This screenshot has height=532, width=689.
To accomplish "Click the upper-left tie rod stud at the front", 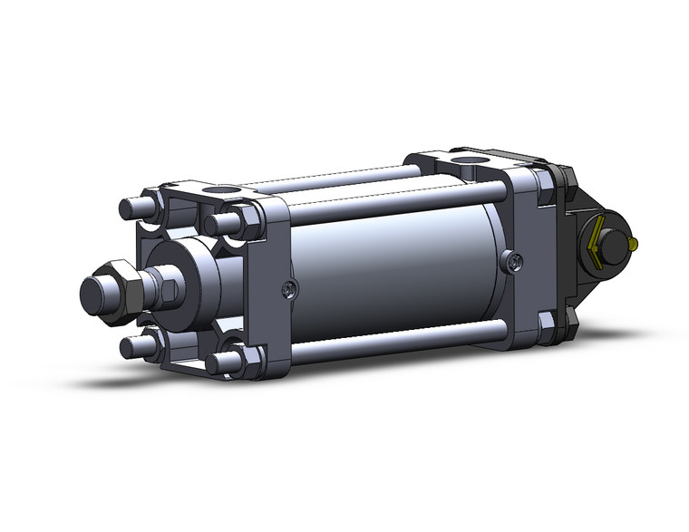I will (x=132, y=207).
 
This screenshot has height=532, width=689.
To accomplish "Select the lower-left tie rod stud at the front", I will (x=132, y=345).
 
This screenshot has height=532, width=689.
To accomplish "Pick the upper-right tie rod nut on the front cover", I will (x=238, y=221).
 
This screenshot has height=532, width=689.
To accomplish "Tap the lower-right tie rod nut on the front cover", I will (x=238, y=361).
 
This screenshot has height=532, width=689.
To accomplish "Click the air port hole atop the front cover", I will (x=218, y=192).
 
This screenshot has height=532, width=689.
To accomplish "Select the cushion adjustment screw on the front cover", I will (x=287, y=290).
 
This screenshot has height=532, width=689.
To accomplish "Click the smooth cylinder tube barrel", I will (x=399, y=272).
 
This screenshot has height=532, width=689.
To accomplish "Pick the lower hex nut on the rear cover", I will (x=547, y=322).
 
